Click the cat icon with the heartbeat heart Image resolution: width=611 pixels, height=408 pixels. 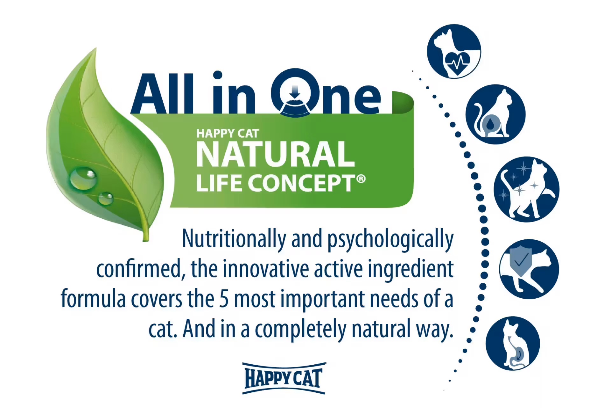click(x=454, y=51)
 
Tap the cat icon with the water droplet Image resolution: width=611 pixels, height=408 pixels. click(x=495, y=114)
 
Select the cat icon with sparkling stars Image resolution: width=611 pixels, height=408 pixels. click(x=526, y=189)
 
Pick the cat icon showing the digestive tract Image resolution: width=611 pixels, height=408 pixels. click(x=513, y=343)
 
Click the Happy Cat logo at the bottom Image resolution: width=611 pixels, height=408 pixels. click(x=284, y=378)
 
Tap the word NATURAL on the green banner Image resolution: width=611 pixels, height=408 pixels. click(x=275, y=154)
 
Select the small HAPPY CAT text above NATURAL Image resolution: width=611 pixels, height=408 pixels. click(x=227, y=133)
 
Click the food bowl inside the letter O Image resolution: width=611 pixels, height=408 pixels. click(x=295, y=107)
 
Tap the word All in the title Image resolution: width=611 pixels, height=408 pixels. click(x=163, y=94)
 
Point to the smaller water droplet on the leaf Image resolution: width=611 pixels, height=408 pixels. click(x=105, y=199)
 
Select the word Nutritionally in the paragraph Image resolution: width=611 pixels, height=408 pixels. click(x=234, y=239)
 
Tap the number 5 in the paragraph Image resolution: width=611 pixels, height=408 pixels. click(x=224, y=299)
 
